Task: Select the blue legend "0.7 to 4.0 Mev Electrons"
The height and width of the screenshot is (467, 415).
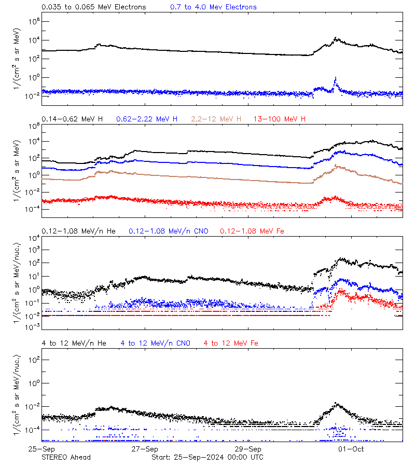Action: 213,7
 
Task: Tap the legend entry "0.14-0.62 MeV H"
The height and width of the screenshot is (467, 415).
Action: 72,119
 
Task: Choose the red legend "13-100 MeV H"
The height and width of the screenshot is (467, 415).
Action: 280,119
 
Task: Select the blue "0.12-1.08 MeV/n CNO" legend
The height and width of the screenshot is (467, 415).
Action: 168,231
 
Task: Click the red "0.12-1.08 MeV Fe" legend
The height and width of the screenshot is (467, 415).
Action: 252,231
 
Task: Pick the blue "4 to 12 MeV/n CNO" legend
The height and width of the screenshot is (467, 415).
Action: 156,344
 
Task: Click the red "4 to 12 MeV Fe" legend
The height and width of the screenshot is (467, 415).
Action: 231,344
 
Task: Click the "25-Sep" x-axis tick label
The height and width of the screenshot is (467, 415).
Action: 41,449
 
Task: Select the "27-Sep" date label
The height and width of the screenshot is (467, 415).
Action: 144,449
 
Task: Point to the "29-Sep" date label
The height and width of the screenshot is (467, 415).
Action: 247,449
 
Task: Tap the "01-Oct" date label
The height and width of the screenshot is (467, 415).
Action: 351,449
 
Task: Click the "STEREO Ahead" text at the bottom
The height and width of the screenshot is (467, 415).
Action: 66,457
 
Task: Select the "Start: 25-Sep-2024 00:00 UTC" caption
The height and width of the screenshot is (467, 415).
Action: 207,457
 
